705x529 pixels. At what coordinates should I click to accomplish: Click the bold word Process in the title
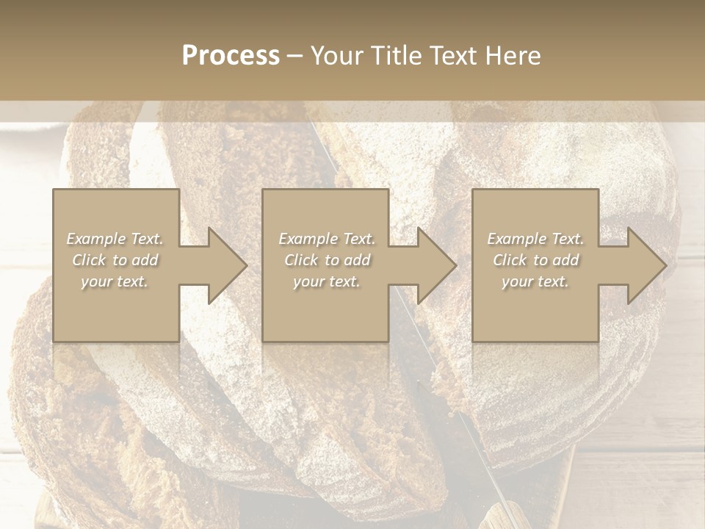(231, 56)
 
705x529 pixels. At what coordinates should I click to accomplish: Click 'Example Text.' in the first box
(115, 239)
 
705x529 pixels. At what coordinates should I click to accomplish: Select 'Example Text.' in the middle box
(327, 239)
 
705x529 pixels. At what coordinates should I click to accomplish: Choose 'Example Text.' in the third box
(535, 239)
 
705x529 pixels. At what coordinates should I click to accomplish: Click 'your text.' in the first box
(115, 281)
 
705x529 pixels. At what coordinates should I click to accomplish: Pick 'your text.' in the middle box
(326, 281)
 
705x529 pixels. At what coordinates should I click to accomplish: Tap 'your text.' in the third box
(535, 281)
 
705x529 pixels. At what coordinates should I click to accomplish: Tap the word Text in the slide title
(453, 56)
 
